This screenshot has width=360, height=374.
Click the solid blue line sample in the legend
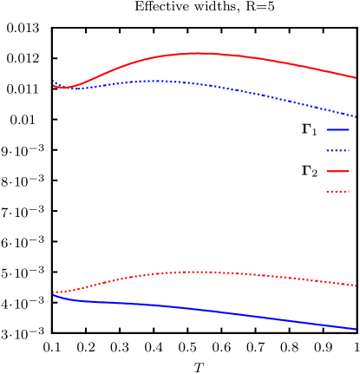[337, 129]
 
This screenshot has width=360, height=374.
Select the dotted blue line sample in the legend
[337, 150]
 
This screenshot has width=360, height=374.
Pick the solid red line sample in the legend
[337, 171]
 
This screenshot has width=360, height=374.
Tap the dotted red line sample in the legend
[337, 192]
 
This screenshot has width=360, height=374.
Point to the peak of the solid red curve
[201, 53]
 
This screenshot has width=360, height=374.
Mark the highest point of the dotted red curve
[204, 272]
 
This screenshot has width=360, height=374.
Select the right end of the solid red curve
[356, 77]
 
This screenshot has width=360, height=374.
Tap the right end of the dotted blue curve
[356, 116]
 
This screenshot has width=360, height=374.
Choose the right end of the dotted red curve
[356, 285]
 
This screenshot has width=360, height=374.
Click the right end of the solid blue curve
[356, 329]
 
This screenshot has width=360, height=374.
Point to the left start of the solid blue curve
[54, 295]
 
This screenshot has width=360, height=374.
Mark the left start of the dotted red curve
[54, 292]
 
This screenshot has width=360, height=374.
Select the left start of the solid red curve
[54, 85]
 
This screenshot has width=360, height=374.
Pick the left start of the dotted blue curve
[55, 82]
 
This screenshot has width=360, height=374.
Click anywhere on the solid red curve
[260, 58]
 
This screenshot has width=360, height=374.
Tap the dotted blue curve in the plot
[260, 95]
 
